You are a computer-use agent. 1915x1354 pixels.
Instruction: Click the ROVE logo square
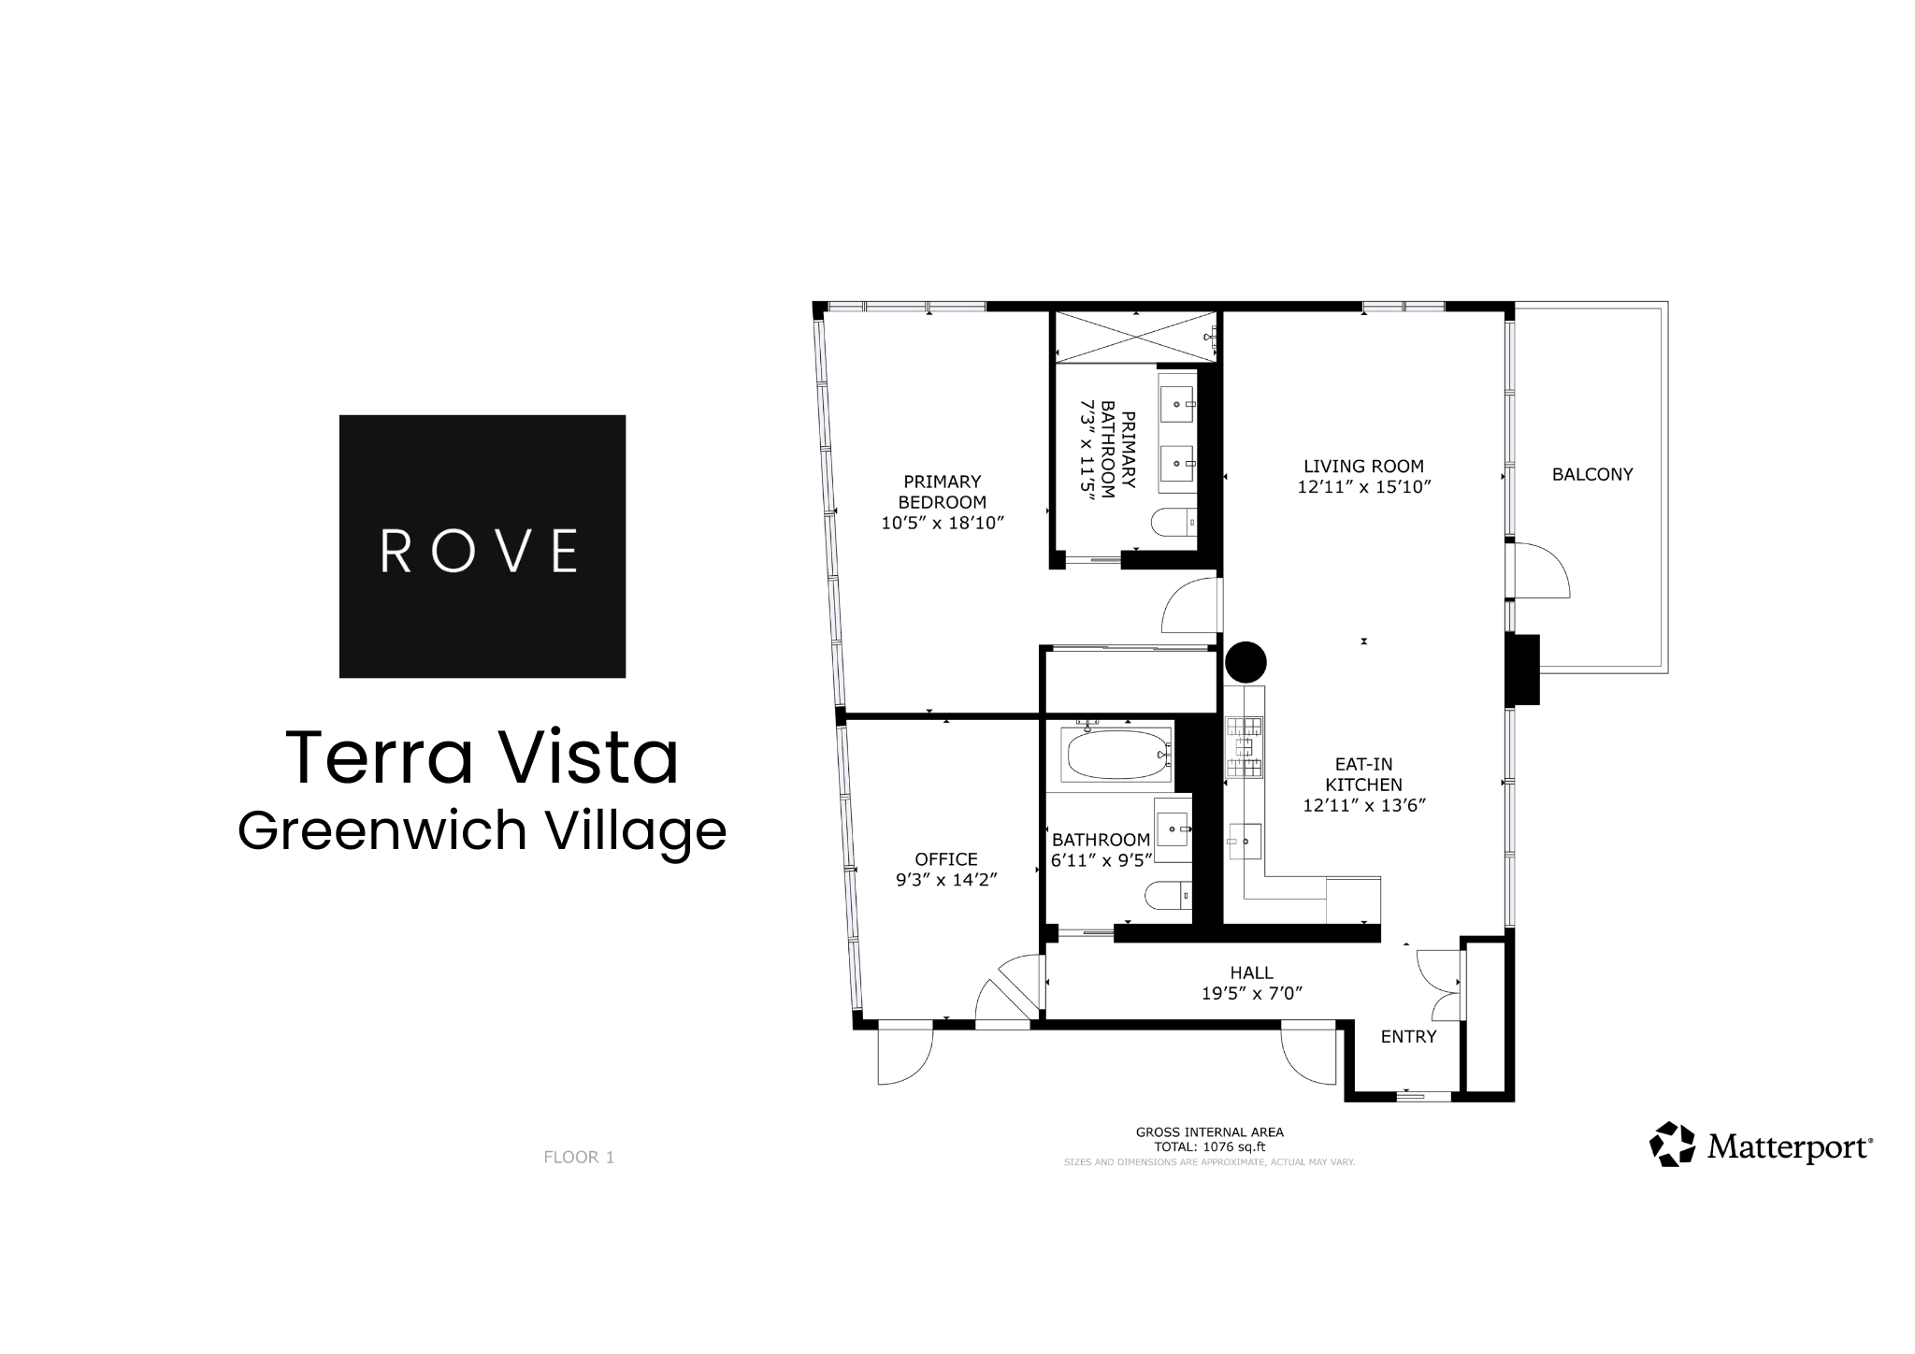click(x=482, y=546)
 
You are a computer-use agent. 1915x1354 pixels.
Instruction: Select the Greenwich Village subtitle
click(x=482, y=830)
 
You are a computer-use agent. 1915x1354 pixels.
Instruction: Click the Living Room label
click(x=1363, y=466)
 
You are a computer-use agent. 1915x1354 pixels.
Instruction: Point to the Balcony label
click(x=1592, y=474)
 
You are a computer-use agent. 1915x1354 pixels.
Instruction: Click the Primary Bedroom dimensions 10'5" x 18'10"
click(x=943, y=523)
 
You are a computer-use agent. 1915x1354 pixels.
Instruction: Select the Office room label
click(x=946, y=859)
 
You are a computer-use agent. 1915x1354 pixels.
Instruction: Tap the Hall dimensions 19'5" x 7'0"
click(x=1252, y=993)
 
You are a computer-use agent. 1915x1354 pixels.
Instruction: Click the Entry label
click(x=1408, y=1036)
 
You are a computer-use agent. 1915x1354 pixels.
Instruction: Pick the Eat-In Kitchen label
click(x=1363, y=774)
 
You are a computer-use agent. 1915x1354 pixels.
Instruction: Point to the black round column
click(x=1245, y=662)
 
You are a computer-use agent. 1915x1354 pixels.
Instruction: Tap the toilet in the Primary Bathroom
click(x=1173, y=521)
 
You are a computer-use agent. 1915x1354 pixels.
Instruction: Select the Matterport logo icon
click(x=1672, y=1145)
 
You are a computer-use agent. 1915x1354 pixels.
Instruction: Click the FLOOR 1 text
click(x=579, y=1157)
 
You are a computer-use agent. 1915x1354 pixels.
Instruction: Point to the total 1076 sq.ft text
click(x=1210, y=1146)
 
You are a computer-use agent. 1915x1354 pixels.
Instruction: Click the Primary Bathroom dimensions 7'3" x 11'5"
click(x=1087, y=452)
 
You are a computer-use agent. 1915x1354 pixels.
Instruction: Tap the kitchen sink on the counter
click(x=1245, y=841)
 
